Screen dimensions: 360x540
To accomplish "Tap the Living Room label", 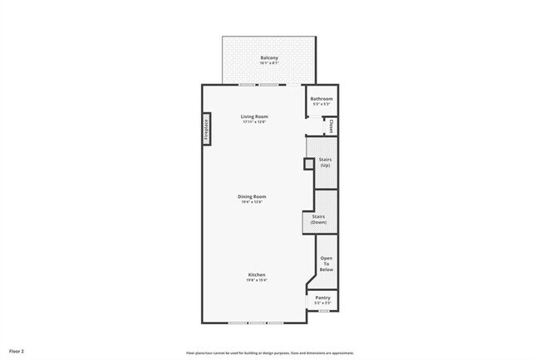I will pyautogui.click(x=255, y=116).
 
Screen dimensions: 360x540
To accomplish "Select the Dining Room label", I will pyautogui.click(x=253, y=197).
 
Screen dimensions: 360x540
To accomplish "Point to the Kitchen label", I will pyautogui.click(x=256, y=275).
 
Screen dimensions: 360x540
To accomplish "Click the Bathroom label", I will pyautogui.click(x=322, y=99).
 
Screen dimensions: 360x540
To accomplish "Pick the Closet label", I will pyautogui.click(x=331, y=126).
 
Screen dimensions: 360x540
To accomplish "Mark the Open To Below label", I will pyautogui.click(x=326, y=264).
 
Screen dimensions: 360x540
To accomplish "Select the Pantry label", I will pyautogui.click(x=322, y=298).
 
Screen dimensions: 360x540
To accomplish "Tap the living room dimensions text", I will pyautogui.click(x=255, y=122).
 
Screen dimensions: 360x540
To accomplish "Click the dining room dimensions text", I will pyautogui.click(x=253, y=203).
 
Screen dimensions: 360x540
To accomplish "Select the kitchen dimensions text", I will pyautogui.click(x=256, y=281).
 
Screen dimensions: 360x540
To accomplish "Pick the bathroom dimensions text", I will pyautogui.click(x=322, y=105).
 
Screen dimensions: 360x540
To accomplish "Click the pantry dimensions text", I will pyautogui.click(x=322, y=303).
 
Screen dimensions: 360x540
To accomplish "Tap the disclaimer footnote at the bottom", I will pyautogui.click(x=269, y=353).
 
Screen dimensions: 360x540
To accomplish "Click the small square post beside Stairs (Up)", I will pyautogui.click(x=308, y=164).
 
